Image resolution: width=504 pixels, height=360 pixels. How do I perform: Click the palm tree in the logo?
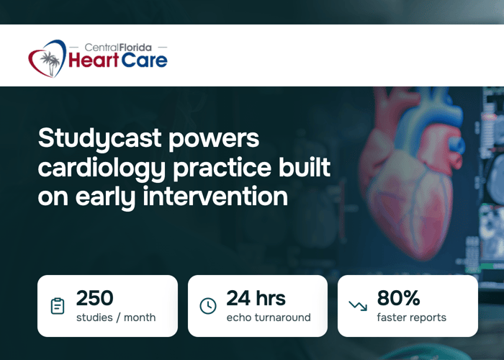50,63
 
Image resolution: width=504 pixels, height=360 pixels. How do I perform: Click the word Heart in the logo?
94,60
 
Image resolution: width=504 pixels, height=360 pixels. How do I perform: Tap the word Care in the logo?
144,60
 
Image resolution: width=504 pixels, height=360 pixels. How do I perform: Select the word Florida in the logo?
135,48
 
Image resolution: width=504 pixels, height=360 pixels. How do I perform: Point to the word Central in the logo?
102,48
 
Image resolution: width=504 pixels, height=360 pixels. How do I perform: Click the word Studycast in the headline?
99,139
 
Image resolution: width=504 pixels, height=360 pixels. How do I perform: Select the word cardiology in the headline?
102,168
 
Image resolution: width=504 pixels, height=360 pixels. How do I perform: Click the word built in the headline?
305,167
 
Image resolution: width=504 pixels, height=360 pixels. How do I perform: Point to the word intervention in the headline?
215,196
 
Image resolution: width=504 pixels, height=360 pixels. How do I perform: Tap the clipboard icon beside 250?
58,306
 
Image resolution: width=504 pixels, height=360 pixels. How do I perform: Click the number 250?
95,298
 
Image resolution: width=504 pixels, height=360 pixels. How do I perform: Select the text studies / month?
116,318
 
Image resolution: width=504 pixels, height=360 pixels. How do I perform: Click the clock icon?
208,306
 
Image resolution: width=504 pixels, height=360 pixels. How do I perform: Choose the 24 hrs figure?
256,298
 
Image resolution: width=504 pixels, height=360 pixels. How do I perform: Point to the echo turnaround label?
269,318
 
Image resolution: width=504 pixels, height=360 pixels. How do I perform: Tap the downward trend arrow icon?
358,306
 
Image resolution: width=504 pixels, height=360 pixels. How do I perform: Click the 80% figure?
399,298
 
